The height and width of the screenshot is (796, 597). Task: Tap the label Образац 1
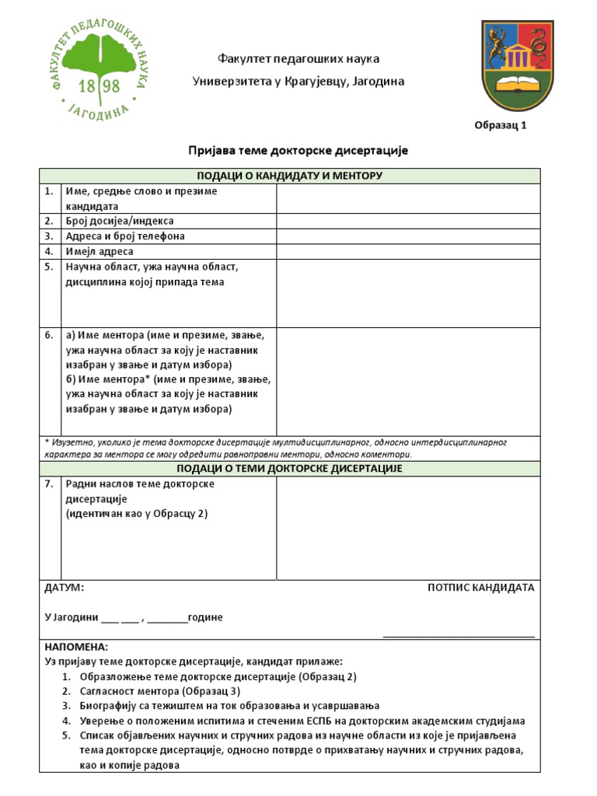tap(501, 126)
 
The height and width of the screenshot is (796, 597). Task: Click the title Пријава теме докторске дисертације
tap(298, 150)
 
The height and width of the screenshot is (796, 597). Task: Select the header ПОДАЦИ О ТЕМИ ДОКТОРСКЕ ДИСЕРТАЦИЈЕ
tap(289, 469)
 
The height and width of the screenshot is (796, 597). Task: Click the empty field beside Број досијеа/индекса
tap(407, 221)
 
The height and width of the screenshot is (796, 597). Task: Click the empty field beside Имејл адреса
tap(407, 251)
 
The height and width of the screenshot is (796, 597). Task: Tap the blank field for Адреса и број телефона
tap(407, 236)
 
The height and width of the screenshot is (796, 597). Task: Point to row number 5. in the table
tap(49, 267)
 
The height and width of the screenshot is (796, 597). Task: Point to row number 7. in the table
tap(49, 484)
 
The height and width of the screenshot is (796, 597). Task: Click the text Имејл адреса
tap(99, 251)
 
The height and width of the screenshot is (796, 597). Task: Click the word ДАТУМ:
tap(65, 588)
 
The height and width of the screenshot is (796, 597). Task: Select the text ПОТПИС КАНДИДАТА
tap(480, 588)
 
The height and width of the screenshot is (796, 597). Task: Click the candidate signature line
tap(459, 636)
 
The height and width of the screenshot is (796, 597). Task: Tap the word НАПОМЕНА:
tap(77, 647)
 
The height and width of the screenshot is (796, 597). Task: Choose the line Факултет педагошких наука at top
tap(298, 59)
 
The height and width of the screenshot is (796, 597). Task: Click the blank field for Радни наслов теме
tap(407, 527)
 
